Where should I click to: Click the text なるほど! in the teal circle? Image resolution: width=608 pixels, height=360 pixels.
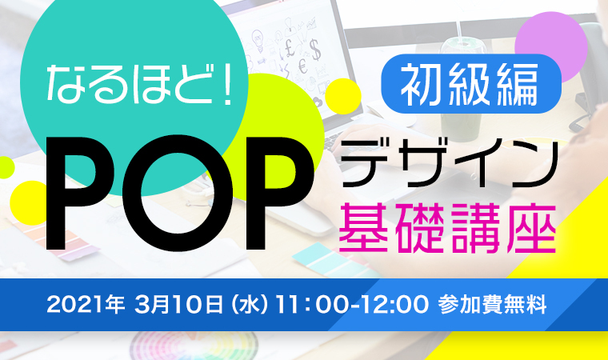[x=139, y=84]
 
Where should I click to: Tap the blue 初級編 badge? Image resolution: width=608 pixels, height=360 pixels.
[x=471, y=84]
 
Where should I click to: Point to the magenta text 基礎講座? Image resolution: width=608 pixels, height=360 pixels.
[x=447, y=229]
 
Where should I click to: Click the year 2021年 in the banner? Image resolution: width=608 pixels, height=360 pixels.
[x=86, y=305]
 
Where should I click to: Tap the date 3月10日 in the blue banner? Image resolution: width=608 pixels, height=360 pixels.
[x=178, y=305]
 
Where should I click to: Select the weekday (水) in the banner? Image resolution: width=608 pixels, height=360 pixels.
[x=249, y=305]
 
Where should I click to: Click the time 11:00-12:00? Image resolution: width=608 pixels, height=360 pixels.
[x=351, y=305]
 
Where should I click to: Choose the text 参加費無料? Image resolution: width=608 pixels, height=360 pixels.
[x=493, y=305]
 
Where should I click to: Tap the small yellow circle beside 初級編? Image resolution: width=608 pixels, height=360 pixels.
[x=343, y=96]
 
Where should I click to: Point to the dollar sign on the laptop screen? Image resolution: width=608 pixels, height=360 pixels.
[x=315, y=50]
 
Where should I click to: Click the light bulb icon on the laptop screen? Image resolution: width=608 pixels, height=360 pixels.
[x=258, y=41]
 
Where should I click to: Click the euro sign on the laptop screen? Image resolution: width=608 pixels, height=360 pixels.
[x=303, y=66]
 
